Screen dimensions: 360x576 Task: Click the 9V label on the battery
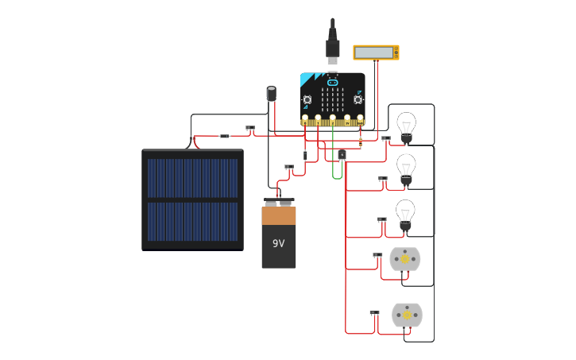point(278,243)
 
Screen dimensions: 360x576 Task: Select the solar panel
point(192,199)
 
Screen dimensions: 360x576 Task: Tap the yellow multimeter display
point(375,52)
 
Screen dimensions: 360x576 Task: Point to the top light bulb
point(406,126)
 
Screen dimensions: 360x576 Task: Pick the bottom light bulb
point(405,213)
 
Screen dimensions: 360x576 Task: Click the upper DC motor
point(404,258)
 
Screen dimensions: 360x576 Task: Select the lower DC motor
point(407,315)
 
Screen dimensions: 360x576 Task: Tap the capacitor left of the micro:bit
point(271,94)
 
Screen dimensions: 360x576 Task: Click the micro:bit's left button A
point(307,99)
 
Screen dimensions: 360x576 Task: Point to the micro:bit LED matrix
point(332,99)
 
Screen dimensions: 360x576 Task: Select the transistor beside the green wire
point(342,155)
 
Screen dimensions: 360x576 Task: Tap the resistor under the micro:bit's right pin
point(360,141)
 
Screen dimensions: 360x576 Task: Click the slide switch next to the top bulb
point(385,138)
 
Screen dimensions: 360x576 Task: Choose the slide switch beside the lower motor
point(374,312)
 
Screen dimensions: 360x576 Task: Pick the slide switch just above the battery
point(288,167)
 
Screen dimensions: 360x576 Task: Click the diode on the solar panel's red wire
point(224,136)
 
